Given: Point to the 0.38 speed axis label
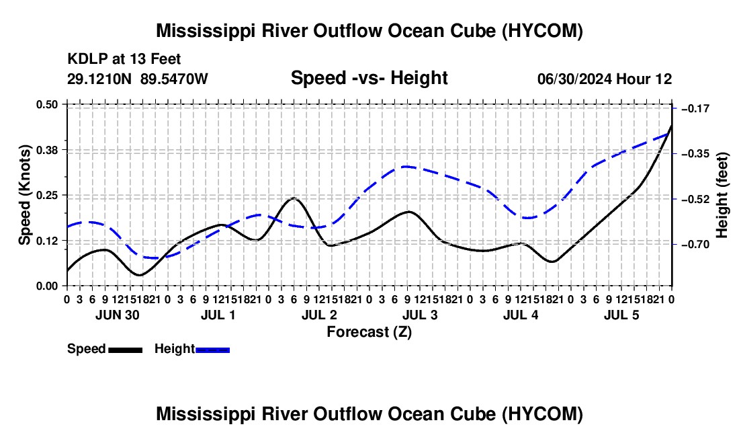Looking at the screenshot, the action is point(47,150).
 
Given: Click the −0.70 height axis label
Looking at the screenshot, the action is point(695,244).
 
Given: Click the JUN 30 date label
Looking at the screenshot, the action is point(118,315).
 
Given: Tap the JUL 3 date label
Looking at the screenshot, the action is point(420,315).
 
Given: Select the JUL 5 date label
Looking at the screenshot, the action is point(621,315).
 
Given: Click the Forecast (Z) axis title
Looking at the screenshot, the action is point(369,332).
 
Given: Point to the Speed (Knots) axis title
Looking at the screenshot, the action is point(24,195).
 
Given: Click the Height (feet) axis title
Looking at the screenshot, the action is point(722,195).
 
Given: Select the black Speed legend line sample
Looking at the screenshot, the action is point(126,350).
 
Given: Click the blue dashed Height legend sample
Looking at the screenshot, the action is point(212,350).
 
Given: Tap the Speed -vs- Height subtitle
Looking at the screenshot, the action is point(369,78).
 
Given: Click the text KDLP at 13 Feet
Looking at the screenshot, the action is point(124,59).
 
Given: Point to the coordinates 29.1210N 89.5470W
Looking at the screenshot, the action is point(138,79).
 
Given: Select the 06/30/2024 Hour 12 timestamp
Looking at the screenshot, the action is point(605,79).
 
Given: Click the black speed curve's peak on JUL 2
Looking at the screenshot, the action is point(294,198).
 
